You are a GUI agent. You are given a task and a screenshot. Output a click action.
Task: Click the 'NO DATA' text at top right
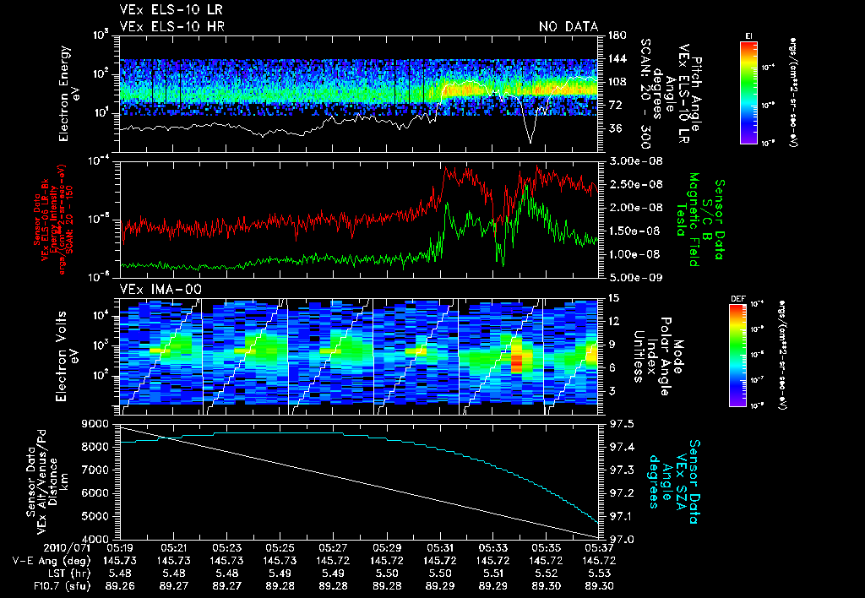pyautogui.click(x=568, y=26)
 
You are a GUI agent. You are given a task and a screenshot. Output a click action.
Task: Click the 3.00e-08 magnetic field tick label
pyautogui.click(x=634, y=160)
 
